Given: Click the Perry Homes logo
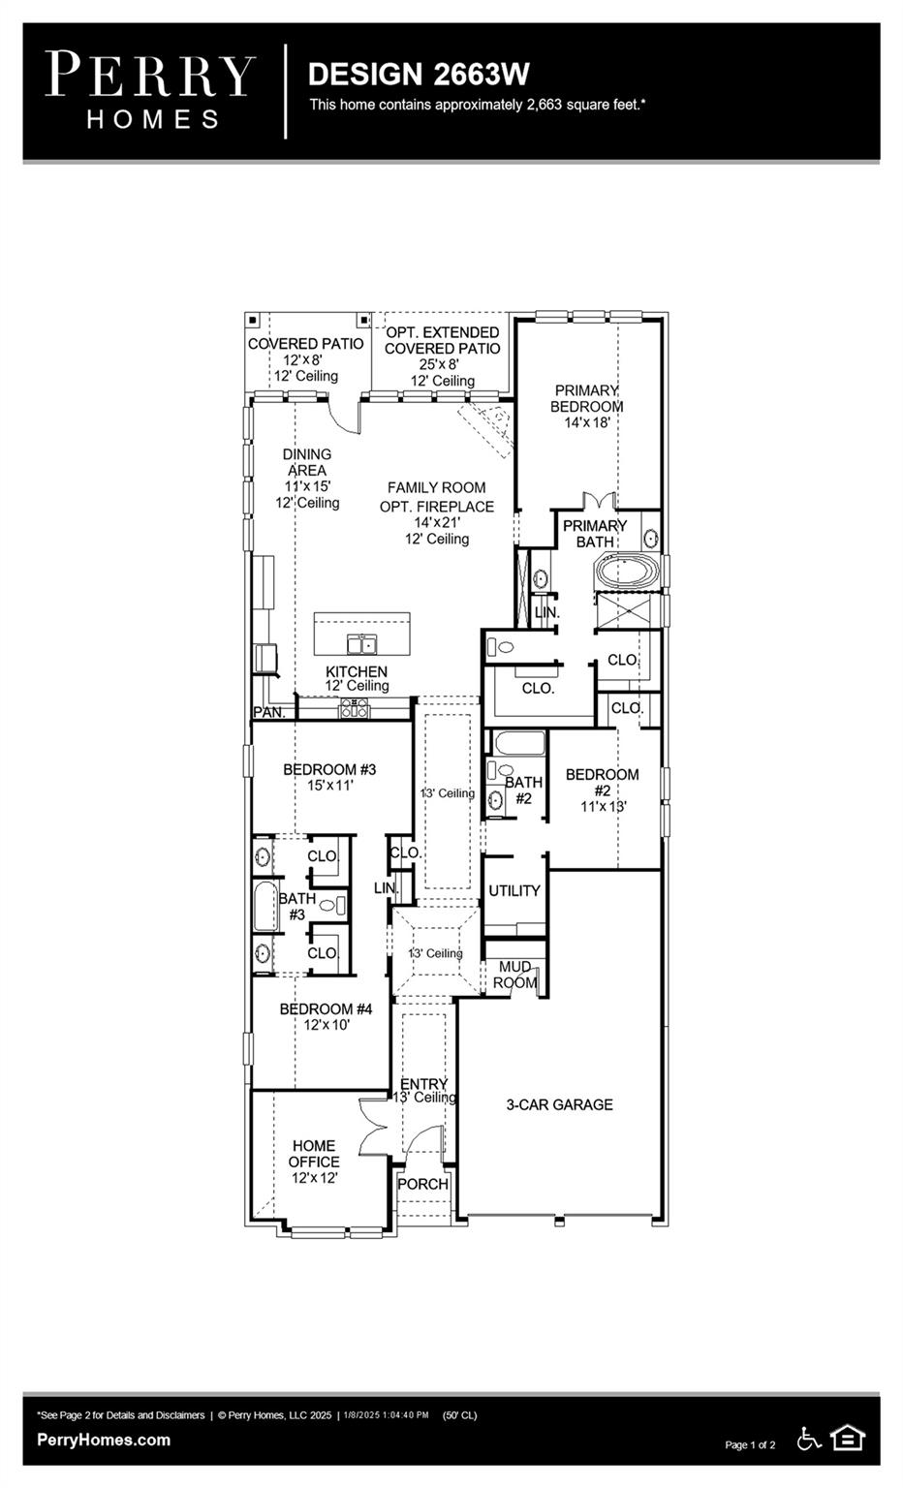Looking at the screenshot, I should point(150,89).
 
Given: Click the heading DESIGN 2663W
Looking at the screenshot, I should point(418,75).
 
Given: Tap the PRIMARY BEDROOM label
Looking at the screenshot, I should point(586,398).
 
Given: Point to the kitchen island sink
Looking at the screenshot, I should point(362,644).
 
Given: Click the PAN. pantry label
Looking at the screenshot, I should point(268,712).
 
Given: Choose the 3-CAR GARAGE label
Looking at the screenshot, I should point(559,1104).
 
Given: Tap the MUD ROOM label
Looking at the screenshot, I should point(514,975).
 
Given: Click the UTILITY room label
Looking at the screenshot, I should point(514,890).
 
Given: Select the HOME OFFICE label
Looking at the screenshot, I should point(314,1153).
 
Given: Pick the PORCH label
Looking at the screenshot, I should point(422,1184).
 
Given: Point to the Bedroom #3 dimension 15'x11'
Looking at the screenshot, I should point(329,786).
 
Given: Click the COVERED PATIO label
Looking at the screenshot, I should point(305,344).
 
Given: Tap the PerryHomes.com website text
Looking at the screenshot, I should point(104,1440).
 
